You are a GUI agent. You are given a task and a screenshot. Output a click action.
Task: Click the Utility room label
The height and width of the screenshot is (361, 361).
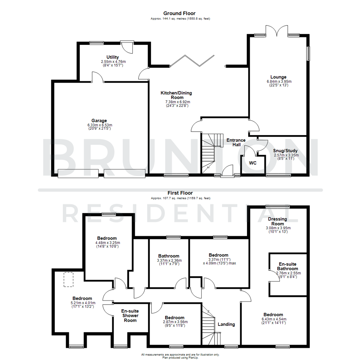tap(113, 57)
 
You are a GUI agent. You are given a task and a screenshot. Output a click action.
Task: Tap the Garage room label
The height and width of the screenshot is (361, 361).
tap(99, 120)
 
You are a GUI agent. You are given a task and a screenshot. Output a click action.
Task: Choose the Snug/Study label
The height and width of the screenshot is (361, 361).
tap(286, 151)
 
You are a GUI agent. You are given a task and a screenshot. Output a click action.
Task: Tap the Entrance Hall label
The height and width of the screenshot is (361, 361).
tap(236, 142)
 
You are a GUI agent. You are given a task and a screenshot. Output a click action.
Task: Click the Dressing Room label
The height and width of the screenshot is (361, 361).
tap(278, 221)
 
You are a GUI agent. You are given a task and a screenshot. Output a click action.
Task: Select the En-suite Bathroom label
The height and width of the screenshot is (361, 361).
tap(288, 266)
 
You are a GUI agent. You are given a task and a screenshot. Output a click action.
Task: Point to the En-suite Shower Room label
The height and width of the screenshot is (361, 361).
tap(130, 316)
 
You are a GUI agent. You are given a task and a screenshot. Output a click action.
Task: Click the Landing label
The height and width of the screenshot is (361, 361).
tap(226, 324)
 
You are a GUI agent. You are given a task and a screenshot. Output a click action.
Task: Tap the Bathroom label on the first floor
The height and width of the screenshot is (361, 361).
tap(169, 256)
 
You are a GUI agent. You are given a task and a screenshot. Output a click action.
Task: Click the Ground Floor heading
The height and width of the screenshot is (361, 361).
tap(179, 13)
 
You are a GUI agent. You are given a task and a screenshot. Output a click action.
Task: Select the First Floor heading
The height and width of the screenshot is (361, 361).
tap(179, 193)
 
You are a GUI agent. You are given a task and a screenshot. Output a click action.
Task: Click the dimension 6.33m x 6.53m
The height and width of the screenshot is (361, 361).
tap(99, 125)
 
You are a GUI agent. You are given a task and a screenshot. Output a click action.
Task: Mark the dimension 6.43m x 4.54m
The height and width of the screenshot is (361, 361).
tap(273, 319)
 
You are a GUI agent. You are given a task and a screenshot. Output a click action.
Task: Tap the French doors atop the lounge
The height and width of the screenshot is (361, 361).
tap(276, 31)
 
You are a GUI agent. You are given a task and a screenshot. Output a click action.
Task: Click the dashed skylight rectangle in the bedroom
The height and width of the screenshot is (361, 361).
tap(69, 279)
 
